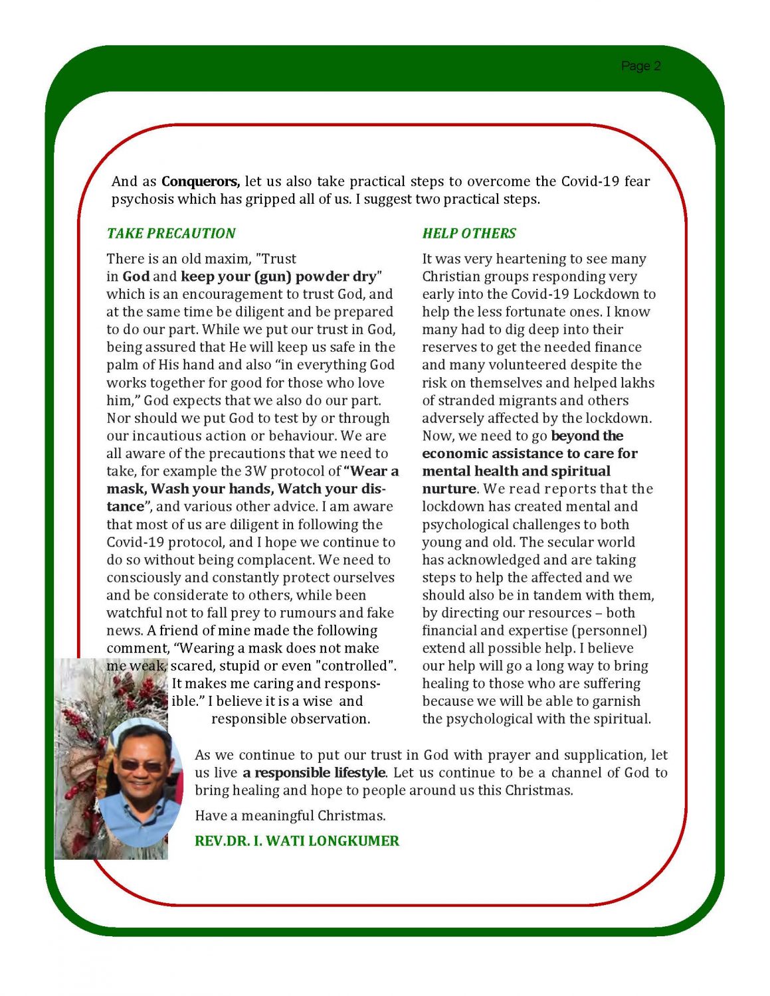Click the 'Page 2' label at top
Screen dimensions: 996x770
tap(640, 66)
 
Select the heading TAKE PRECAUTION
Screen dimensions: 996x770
tap(171, 234)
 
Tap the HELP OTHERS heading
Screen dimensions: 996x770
tap(469, 234)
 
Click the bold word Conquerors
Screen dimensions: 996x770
tap(200, 181)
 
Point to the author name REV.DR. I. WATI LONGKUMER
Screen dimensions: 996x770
tap(296, 841)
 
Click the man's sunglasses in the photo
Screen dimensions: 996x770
tap(141, 766)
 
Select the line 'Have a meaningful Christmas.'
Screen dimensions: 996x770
tap(290, 816)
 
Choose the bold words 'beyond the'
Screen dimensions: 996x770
tap(587, 436)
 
